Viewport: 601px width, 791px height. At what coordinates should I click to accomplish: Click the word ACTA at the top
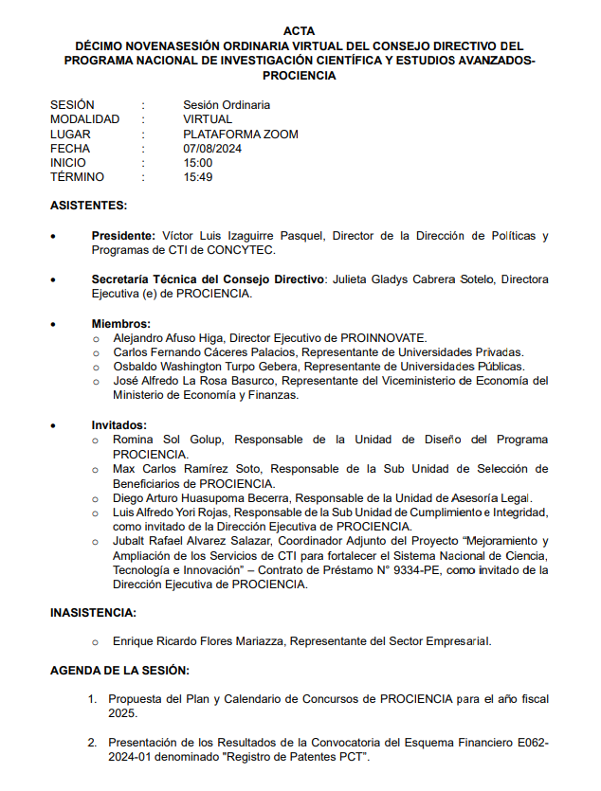(300, 31)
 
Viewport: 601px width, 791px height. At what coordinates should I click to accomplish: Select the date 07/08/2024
(212, 149)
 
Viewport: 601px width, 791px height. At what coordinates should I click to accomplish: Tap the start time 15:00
(198, 163)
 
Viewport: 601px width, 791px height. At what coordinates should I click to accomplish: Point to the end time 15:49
(198, 177)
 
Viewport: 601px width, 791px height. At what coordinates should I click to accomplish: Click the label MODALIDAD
(85, 120)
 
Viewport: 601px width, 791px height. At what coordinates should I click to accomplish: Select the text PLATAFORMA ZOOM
(241, 135)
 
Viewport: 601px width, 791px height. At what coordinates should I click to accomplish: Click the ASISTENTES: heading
(88, 206)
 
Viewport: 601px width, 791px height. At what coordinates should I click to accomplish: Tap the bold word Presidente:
(123, 236)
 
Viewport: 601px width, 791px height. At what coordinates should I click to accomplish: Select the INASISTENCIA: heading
(93, 612)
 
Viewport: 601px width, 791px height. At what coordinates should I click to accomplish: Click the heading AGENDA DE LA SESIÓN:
(119, 671)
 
